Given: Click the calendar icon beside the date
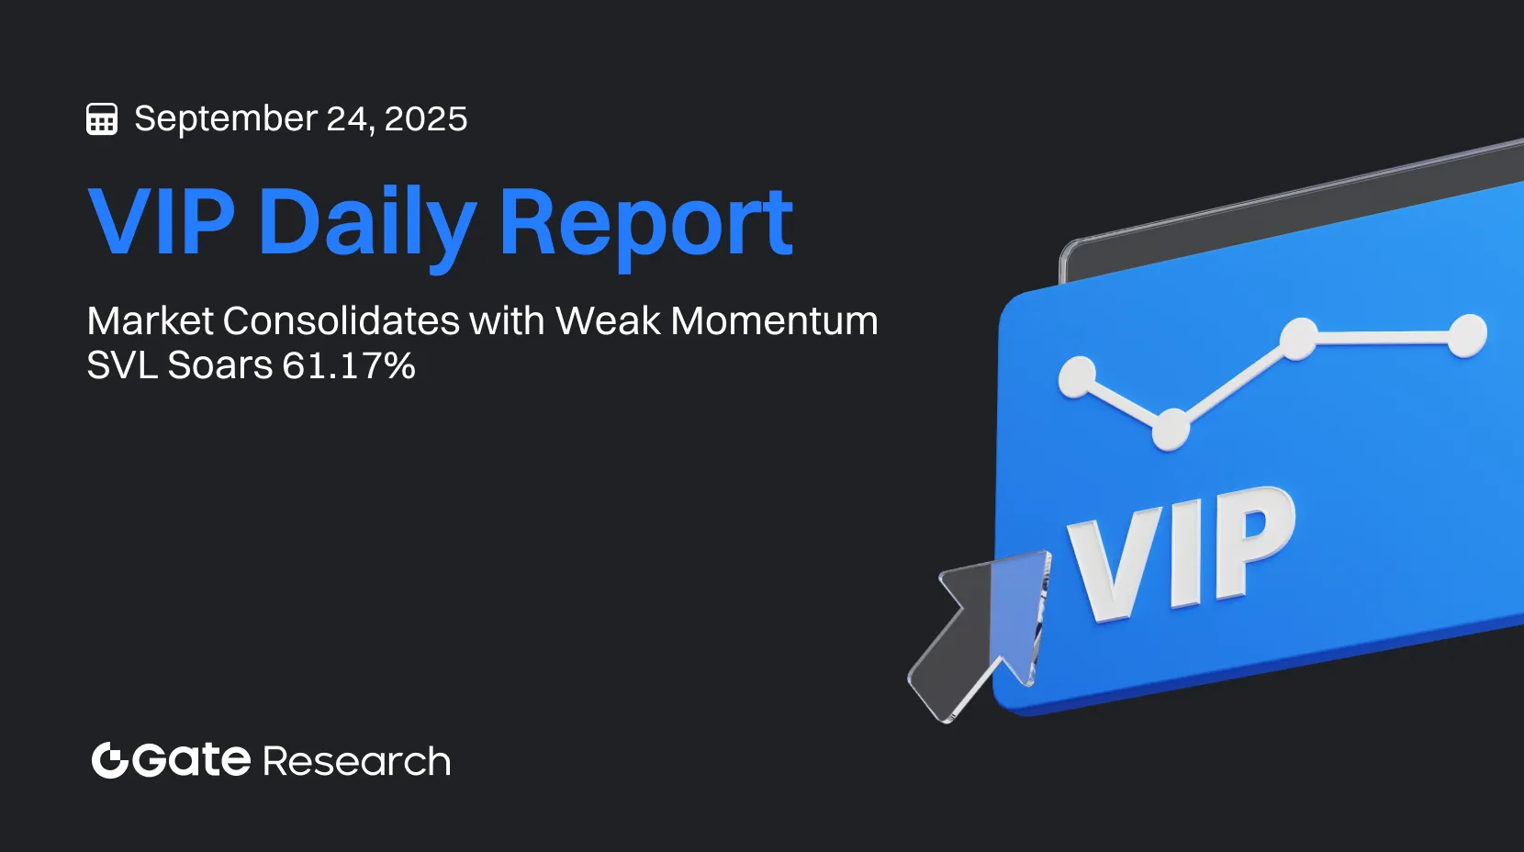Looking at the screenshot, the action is pos(102,119).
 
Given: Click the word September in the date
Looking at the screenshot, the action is pos(226,119).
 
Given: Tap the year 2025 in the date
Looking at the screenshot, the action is pos(426,118).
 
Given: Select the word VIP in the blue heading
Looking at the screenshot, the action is pos(162,220).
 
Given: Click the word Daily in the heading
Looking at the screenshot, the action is pos(366,225).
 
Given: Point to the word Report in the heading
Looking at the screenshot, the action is pos(647,225).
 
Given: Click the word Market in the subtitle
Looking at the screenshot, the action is pos(151,320).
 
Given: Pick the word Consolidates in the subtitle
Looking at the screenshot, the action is pos(342,320).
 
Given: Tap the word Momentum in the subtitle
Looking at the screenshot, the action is pos(774,320).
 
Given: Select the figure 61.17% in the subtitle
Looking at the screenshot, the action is pos(349,365).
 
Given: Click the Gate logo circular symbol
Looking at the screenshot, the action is pos(110,760).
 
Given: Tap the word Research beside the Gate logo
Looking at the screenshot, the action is pos(356,761).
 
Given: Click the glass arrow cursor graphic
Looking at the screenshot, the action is pos(980,636).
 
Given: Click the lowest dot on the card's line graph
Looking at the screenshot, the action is pos(1171,430).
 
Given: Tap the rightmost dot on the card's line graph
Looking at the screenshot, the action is pos(1466,335).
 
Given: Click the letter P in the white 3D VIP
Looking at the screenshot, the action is pos(1250,542).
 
